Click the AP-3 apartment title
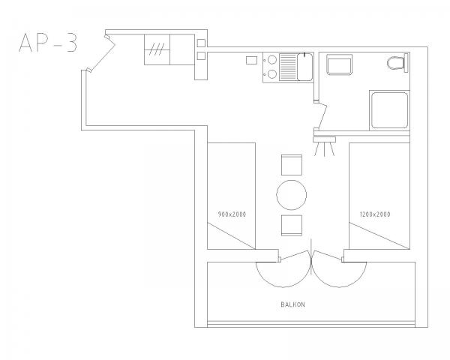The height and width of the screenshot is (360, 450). [48, 43]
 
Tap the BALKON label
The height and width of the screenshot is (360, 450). [292, 304]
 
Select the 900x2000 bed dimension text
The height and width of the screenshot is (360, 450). [232, 214]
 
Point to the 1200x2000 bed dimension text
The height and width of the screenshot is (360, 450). [375, 214]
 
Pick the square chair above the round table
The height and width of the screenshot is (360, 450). [292, 165]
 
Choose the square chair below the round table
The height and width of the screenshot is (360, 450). [292, 225]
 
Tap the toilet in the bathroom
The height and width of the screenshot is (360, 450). [397, 63]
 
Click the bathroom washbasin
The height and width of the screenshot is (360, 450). [340, 65]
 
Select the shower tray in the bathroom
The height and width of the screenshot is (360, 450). [389, 110]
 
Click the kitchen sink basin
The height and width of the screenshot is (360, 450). [304, 67]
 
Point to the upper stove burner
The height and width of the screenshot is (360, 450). [271, 60]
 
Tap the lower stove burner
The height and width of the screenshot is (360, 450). [271, 74]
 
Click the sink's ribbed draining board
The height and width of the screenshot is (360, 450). [288, 67]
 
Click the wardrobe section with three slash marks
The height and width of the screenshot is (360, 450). [157, 49]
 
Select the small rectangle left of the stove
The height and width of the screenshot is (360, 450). [251, 60]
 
